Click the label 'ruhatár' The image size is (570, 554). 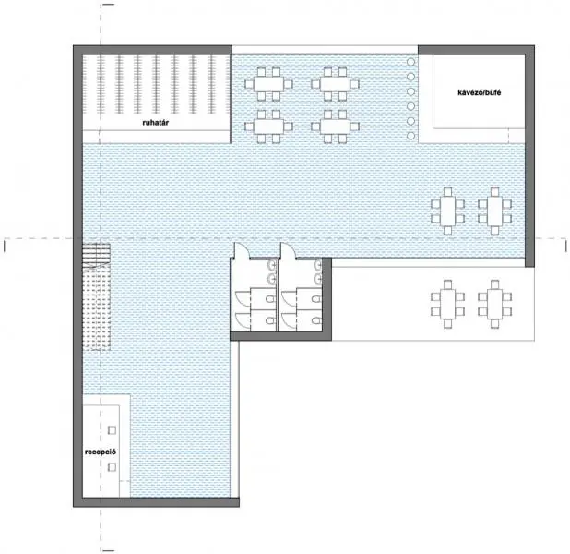[156, 123]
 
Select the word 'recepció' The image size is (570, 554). [101, 452]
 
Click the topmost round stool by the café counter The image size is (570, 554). [410, 62]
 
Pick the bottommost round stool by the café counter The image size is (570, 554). [410, 136]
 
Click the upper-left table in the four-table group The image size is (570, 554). [268, 84]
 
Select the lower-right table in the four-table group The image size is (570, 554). [335, 126]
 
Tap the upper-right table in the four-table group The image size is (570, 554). [335, 84]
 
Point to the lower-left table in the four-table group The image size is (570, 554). [268, 126]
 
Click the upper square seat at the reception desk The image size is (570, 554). [112, 430]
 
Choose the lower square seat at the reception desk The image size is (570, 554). [112, 467]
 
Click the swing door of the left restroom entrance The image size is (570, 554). [241, 250]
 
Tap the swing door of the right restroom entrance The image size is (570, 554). [287, 250]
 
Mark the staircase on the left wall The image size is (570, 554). [96, 296]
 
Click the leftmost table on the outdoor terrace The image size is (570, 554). [448, 304]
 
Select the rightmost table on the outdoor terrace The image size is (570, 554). [494, 304]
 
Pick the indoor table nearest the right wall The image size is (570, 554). [494, 211]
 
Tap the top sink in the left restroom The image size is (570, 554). [271, 266]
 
